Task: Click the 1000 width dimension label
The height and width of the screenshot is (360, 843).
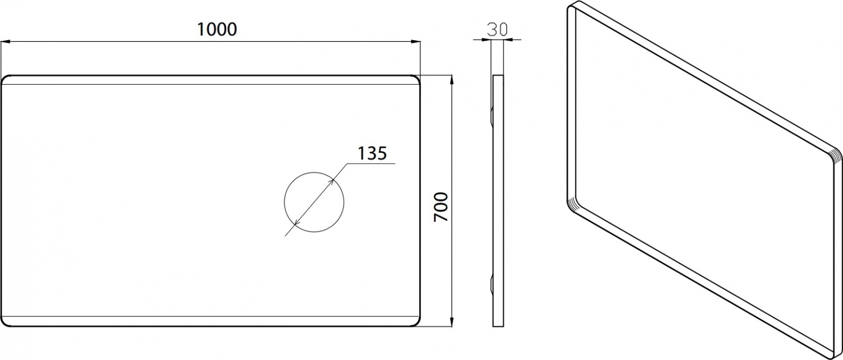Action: point(217,29)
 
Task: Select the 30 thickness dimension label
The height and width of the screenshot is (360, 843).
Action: point(497,29)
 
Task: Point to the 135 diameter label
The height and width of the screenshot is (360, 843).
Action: point(371,153)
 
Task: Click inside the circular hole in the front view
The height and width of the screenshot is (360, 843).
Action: point(314,202)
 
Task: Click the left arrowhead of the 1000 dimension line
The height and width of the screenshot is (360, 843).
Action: point(5,42)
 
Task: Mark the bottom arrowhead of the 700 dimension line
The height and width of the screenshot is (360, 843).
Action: point(451,321)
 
